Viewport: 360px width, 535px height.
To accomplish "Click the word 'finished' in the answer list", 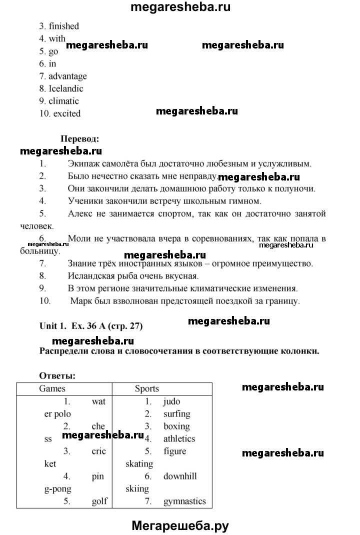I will (64, 26).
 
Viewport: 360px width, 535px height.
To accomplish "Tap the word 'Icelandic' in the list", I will (66, 88).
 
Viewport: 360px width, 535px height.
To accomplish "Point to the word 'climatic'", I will (64, 101).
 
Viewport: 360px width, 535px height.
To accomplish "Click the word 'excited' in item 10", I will (66, 113).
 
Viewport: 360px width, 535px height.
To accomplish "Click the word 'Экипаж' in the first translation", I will (82, 163).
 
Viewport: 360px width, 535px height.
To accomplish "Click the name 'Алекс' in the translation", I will (79, 214).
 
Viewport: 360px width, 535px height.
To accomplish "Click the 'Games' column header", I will (52, 388).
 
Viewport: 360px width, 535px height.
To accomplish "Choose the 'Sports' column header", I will (147, 388).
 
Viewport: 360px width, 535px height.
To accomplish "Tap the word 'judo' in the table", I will (172, 401).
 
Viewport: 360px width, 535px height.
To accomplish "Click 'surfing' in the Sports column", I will (177, 414).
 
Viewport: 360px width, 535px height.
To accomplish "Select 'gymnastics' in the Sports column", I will (184, 501).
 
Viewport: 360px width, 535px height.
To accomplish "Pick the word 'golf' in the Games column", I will (99, 501).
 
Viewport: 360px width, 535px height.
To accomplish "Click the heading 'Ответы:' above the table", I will (57, 375).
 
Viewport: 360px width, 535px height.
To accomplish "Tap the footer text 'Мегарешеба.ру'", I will (180, 525).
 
